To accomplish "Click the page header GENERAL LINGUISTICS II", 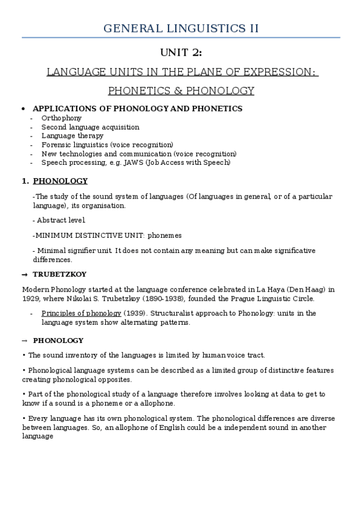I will (x=181, y=28).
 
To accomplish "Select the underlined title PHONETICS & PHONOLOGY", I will (x=181, y=91).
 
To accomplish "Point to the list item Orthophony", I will (x=61, y=118).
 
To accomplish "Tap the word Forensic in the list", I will (x=54, y=145).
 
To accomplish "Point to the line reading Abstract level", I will (x=61, y=220).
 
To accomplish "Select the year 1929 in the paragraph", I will (x=30, y=299).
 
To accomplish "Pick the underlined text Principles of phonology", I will (x=81, y=313).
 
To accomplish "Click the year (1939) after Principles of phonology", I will (x=134, y=313).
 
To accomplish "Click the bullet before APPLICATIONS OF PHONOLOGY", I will (x=23, y=109).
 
